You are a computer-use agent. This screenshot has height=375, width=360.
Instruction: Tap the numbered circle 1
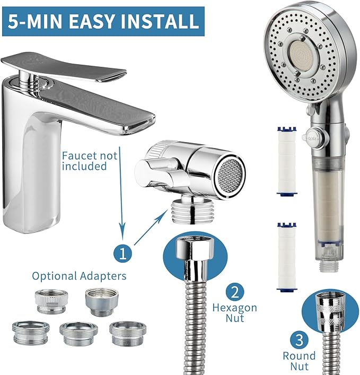coord(123,252)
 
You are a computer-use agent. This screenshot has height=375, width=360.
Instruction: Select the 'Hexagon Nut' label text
coord(235,313)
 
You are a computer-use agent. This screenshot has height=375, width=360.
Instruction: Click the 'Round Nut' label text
coord(298,361)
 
